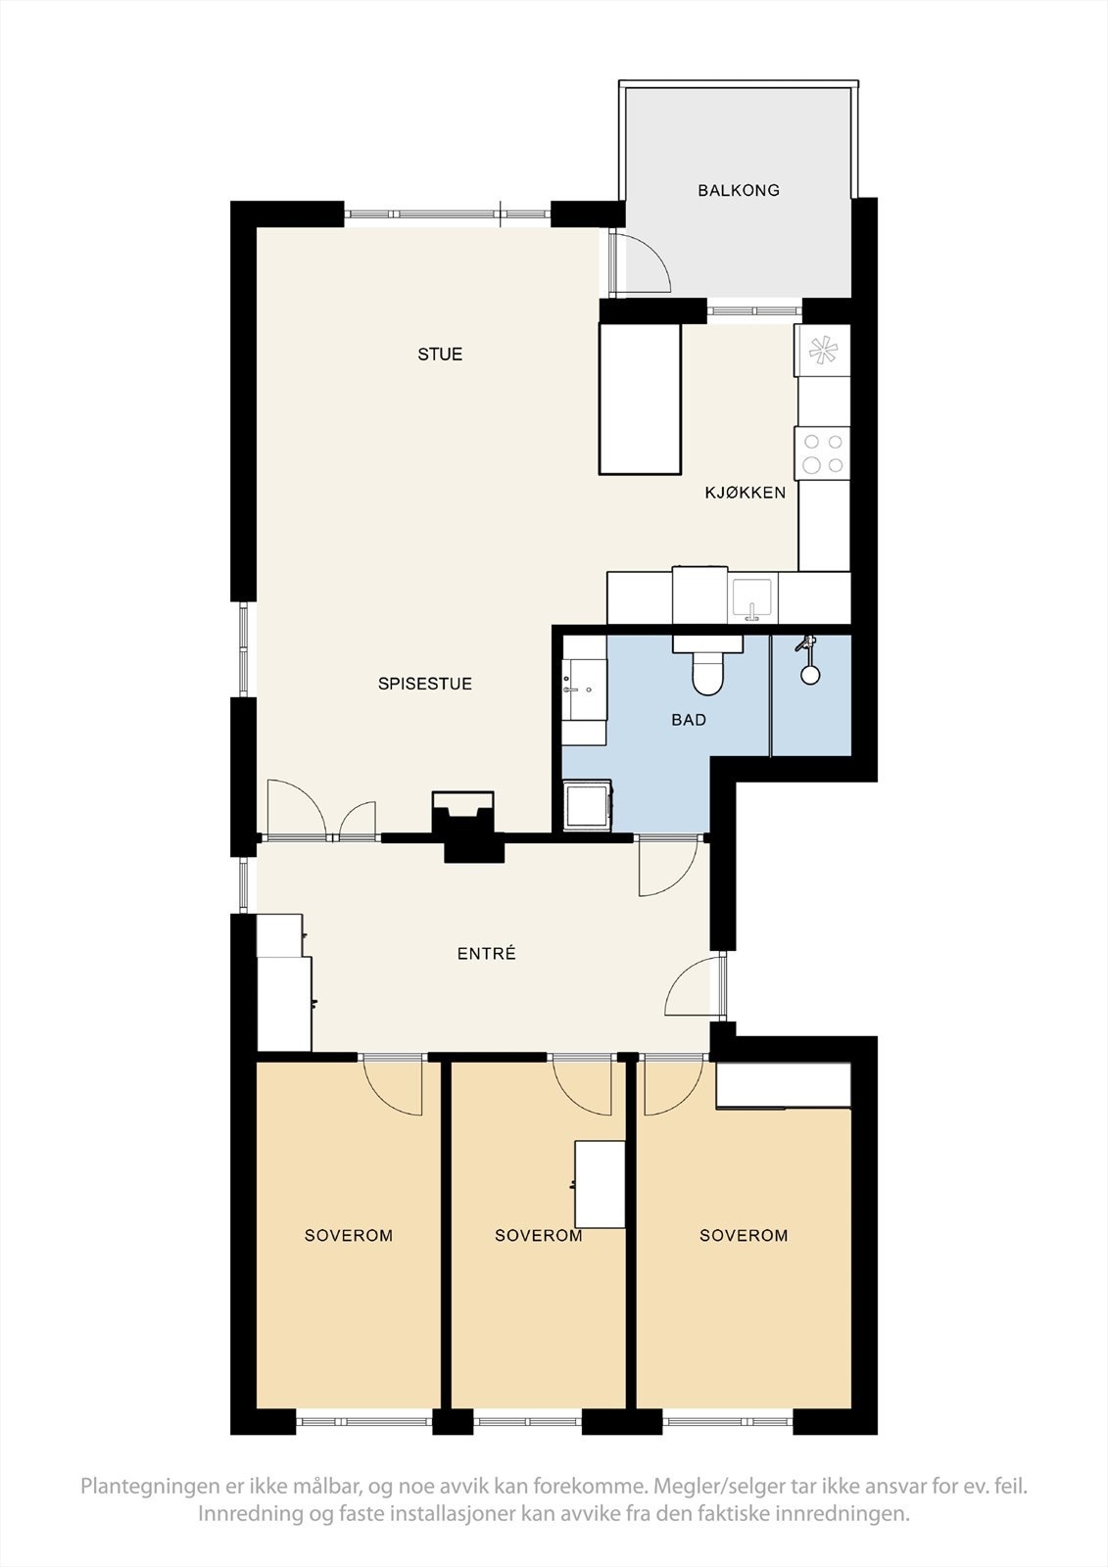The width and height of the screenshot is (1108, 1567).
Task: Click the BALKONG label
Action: click(x=739, y=190)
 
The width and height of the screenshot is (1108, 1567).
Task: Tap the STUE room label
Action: click(x=440, y=354)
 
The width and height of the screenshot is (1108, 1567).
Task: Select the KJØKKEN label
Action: click(x=745, y=493)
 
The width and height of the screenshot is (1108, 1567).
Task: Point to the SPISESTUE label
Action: click(x=425, y=684)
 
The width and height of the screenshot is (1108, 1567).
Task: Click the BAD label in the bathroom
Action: click(x=689, y=719)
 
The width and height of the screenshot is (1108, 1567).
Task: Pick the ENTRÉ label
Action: click(x=487, y=953)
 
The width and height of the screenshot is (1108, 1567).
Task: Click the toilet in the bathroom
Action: click(x=707, y=667)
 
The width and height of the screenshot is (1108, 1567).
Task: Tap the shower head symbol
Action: click(x=810, y=660)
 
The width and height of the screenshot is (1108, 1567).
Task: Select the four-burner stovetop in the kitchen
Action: click(x=822, y=453)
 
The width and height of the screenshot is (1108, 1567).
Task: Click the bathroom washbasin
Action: click(x=580, y=689)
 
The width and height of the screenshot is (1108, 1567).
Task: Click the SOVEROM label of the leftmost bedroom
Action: click(x=349, y=1235)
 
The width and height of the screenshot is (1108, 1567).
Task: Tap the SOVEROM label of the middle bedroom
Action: click(x=538, y=1235)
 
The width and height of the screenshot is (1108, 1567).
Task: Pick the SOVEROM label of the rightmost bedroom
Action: click(x=744, y=1235)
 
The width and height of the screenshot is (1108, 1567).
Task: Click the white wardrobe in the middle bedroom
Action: click(x=600, y=1184)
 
